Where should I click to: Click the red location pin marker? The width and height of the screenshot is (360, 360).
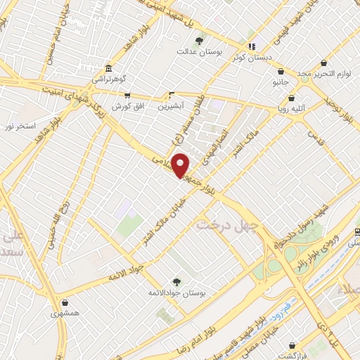[x=181, y=165]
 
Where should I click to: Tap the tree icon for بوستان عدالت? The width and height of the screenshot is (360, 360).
[x=199, y=41]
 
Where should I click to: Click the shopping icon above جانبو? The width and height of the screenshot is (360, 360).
[x=281, y=71]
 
